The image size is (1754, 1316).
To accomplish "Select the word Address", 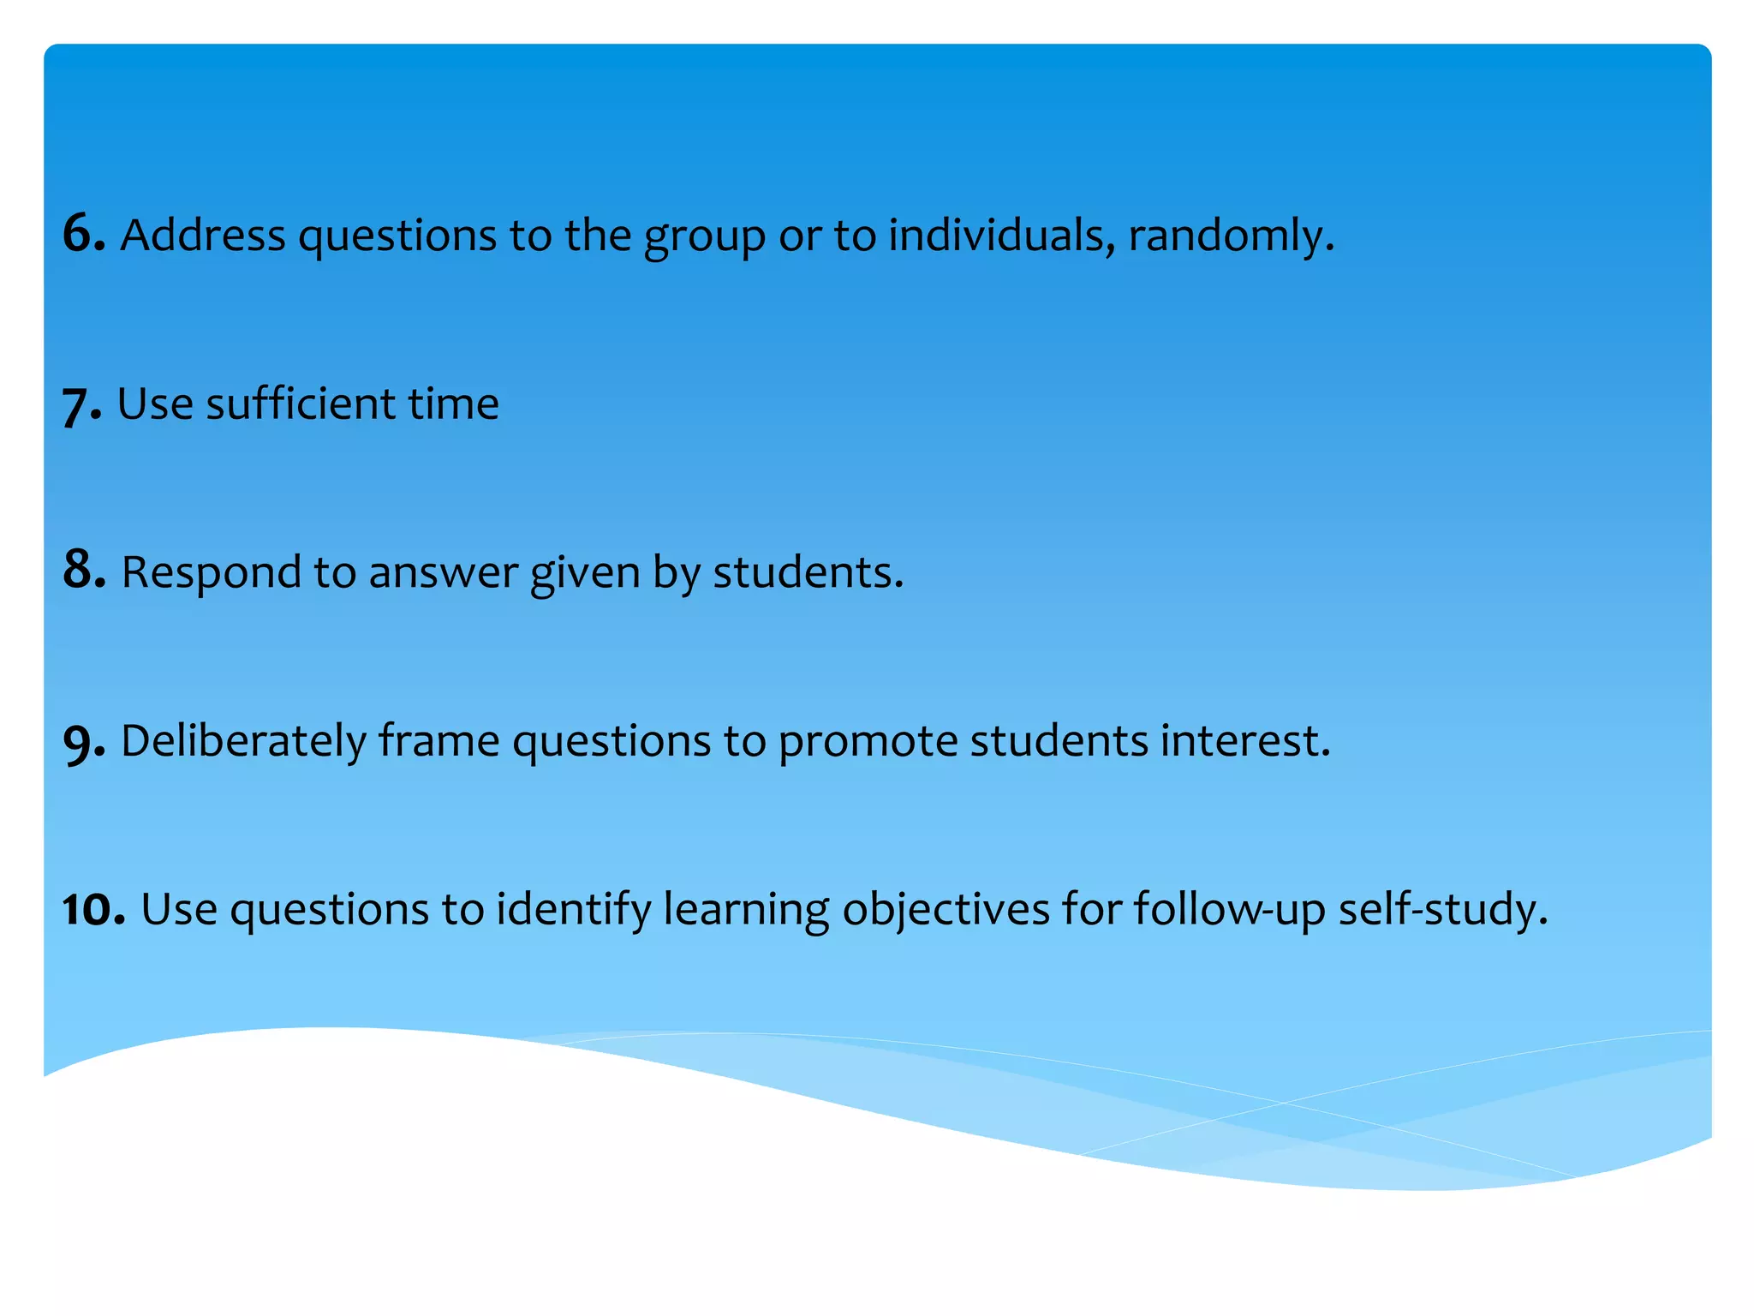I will click(203, 235).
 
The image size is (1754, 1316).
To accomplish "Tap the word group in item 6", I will click(704, 237).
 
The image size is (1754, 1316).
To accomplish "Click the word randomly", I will click(1230, 236).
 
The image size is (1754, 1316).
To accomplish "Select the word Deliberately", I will click(243, 741).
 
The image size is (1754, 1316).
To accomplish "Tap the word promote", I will click(868, 742).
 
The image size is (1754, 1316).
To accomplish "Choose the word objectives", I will click(946, 910).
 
